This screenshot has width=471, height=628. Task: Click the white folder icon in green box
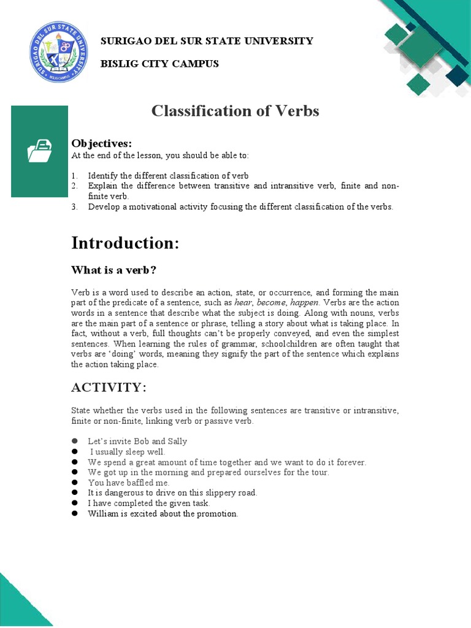point(40,151)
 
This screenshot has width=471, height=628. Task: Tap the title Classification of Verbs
point(235,111)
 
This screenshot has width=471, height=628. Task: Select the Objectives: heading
point(102,143)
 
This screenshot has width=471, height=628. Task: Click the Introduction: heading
point(125,243)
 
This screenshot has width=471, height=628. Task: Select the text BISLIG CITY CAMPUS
point(159,64)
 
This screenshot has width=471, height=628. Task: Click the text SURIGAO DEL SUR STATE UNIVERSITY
point(207,41)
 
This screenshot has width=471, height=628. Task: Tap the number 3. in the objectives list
point(74,207)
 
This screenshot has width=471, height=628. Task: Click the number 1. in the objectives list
point(74,175)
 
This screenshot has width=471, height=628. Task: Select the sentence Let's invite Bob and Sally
point(137,441)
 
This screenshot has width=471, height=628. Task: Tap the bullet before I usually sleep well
point(74,451)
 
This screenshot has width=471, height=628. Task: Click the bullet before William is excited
point(74,513)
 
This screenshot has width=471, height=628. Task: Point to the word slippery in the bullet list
point(212,493)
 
